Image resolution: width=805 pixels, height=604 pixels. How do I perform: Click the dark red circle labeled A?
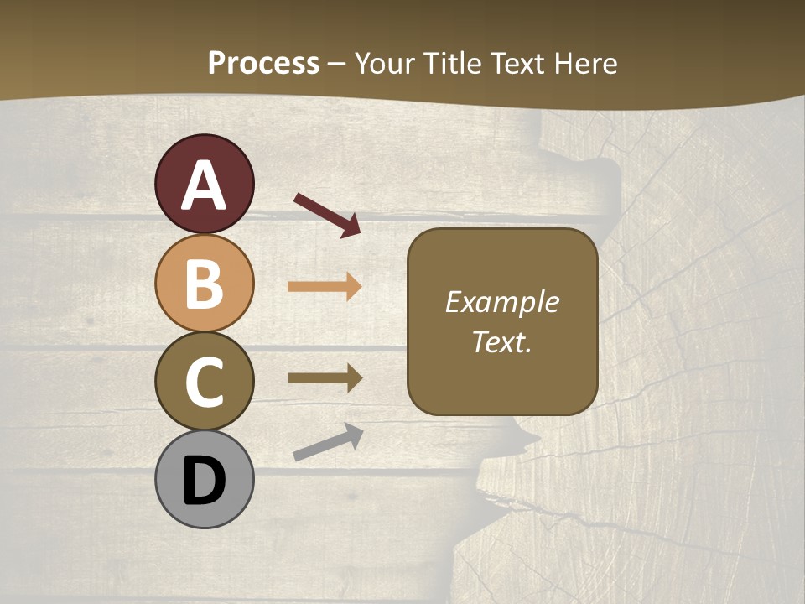[x=204, y=184]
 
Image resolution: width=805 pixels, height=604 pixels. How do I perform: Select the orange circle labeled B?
[x=204, y=283]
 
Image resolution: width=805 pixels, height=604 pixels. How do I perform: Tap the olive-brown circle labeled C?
[x=204, y=381]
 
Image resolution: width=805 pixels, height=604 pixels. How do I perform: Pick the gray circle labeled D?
[x=204, y=480]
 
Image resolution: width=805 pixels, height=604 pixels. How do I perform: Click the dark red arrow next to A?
[x=327, y=214]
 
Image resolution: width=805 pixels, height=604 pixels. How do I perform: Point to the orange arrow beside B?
[x=325, y=287]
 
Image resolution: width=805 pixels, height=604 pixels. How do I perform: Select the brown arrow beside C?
[x=325, y=377]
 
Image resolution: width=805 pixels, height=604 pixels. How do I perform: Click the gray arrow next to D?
[x=328, y=442]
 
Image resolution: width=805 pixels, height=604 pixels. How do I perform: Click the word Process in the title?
[x=263, y=63]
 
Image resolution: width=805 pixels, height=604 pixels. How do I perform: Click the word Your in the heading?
[x=385, y=63]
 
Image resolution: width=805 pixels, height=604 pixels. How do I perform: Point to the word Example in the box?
[x=501, y=302]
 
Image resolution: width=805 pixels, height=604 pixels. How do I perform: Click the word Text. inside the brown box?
[x=501, y=342]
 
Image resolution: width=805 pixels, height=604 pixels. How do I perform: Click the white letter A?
[x=204, y=185]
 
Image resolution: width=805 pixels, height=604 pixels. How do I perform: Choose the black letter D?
[x=204, y=482]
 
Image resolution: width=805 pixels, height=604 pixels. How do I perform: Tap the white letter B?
[x=204, y=284]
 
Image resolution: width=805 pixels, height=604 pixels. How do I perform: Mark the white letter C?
[x=204, y=383]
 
